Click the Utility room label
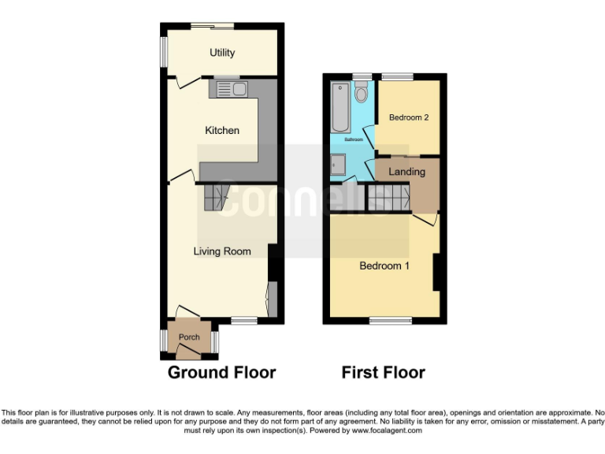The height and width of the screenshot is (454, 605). point(222,53)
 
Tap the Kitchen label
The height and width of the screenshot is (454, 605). point(222,130)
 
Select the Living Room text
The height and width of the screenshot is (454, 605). point(223,251)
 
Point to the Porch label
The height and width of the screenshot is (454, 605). point(189,337)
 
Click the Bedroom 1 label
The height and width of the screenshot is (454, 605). point(384,266)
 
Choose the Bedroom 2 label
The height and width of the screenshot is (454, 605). point(409,117)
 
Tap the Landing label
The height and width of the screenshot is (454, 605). point(407,171)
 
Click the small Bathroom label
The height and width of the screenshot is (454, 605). point(354,140)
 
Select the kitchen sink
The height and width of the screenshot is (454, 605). point(228,88)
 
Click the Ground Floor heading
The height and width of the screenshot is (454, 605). point(221,373)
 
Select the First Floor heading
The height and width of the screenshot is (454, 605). point(383,373)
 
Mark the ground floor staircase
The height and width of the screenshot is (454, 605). point(215,197)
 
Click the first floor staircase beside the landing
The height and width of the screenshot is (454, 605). point(388,197)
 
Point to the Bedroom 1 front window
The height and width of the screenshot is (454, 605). point(390,321)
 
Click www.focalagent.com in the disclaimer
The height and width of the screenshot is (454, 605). point(386,431)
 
